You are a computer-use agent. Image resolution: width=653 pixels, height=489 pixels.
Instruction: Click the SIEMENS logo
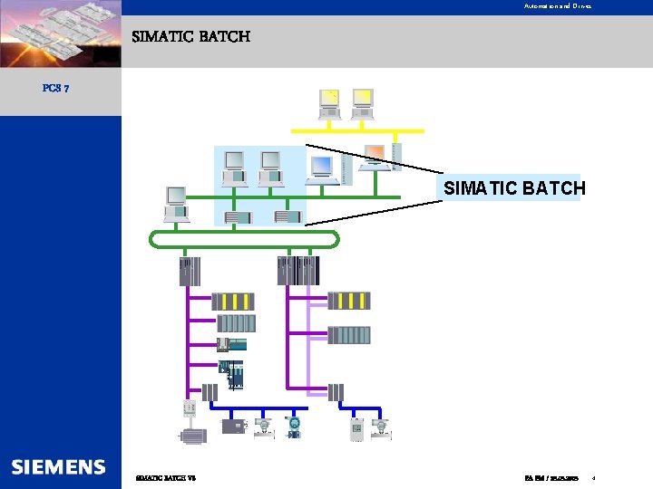[x=59, y=467]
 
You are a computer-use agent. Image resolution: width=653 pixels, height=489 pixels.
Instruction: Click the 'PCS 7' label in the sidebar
[x=56, y=88]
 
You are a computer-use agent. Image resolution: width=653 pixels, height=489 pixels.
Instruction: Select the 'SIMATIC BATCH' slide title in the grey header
[x=190, y=37]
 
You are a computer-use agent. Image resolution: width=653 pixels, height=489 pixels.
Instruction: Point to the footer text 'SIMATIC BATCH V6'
[x=165, y=477]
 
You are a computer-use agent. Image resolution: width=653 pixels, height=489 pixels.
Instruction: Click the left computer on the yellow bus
[x=329, y=104]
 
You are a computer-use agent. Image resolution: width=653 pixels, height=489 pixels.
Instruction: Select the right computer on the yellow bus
[x=363, y=104]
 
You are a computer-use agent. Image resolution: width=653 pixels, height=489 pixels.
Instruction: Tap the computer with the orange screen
[x=374, y=157]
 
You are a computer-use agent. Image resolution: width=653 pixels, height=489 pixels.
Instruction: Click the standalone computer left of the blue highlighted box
[x=176, y=204]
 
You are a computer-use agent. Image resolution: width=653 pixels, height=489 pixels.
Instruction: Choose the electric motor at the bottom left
[x=192, y=436]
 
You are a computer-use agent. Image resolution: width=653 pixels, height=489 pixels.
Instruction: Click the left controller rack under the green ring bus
[x=190, y=271]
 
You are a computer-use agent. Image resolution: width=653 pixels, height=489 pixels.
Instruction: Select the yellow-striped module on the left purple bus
[x=233, y=302]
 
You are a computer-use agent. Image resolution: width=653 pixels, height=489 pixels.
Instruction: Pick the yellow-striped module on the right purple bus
[x=349, y=301]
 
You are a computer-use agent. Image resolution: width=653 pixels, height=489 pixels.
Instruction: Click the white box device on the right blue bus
[x=356, y=429]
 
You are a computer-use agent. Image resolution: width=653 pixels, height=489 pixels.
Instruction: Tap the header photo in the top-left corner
[x=60, y=34]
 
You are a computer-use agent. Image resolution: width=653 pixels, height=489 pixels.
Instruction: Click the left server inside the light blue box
[x=237, y=217]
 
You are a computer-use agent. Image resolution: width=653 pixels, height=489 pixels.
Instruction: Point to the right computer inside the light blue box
[x=270, y=168]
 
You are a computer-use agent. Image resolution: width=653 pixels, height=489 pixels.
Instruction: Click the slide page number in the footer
[x=593, y=477]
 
